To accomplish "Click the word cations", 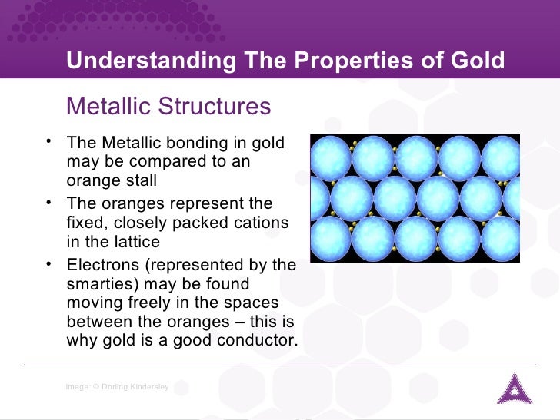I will (260, 223).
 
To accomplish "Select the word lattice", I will (133, 242).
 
